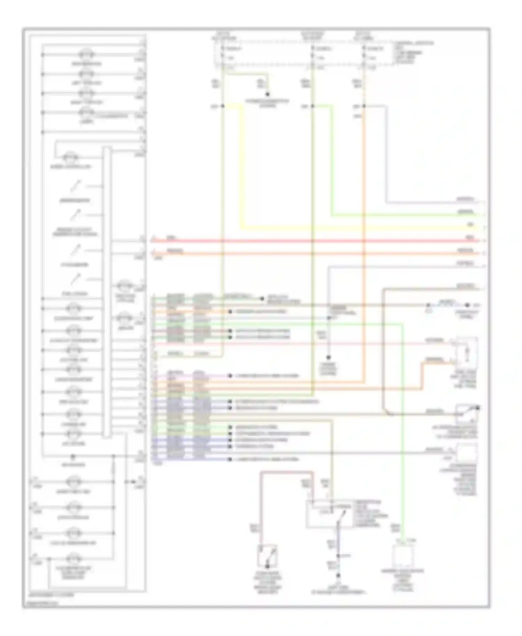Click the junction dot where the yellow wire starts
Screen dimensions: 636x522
(x=223, y=106)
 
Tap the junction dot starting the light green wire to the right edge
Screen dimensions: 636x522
(x=313, y=106)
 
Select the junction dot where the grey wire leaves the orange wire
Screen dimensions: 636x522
(x=364, y=106)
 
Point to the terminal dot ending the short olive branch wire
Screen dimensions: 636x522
(x=268, y=94)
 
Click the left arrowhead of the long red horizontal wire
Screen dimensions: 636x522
(x=153, y=240)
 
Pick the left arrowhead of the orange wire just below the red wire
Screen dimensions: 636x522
(x=153, y=253)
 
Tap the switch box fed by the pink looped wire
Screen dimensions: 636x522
(x=268, y=556)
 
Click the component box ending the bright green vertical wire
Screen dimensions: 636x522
(x=403, y=555)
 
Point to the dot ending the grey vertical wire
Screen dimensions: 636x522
(x=328, y=357)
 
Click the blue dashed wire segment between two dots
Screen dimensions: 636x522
(x=448, y=305)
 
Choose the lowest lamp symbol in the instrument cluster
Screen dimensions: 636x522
(x=74, y=559)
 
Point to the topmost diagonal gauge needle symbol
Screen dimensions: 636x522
(x=76, y=186)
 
